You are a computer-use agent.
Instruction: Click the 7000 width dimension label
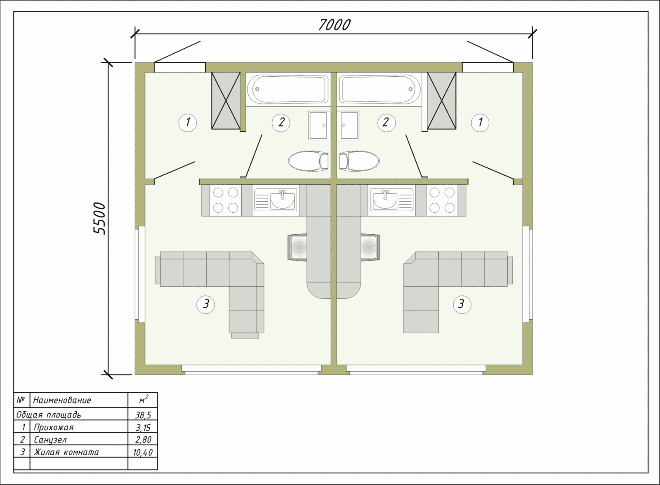click(334, 25)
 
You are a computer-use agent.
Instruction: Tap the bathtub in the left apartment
click(288, 89)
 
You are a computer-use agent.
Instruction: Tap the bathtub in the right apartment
click(380, 89)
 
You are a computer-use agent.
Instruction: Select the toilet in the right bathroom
click(359, 161)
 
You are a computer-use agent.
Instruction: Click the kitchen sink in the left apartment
click(276, 200)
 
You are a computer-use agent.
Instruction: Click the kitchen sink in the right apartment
click(392, 200)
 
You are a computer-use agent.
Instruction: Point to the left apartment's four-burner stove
click(226, 200)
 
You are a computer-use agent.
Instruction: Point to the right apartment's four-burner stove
click(442, 200)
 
